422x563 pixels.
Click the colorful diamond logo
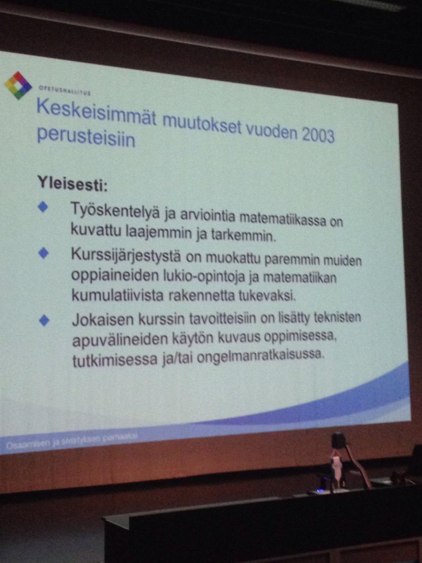point(18,85)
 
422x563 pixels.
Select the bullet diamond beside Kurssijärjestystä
point(44,253)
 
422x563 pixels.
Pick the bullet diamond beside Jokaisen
point(44,320)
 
